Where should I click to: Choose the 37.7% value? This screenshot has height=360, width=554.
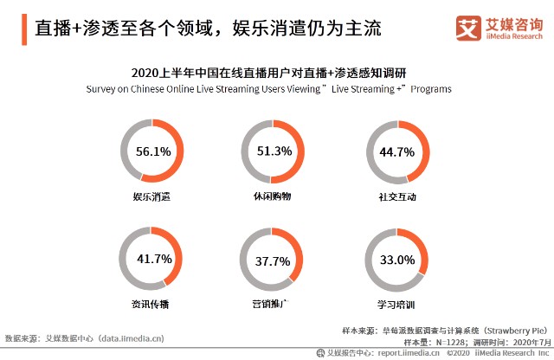pos(274,260)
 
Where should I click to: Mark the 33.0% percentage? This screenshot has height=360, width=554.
pos(397,260)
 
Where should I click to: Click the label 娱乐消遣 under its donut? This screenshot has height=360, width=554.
pos(152,196)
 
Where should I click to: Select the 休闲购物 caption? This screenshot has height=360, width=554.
pos(274,196)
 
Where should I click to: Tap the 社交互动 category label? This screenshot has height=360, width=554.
pos(397,196)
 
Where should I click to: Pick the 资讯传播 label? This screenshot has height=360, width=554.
pos(152,305)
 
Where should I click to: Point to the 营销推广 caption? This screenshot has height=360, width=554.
pos(274,305)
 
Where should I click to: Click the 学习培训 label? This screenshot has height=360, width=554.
pos(397,305)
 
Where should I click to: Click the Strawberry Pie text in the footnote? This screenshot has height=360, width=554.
pos(513,330)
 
